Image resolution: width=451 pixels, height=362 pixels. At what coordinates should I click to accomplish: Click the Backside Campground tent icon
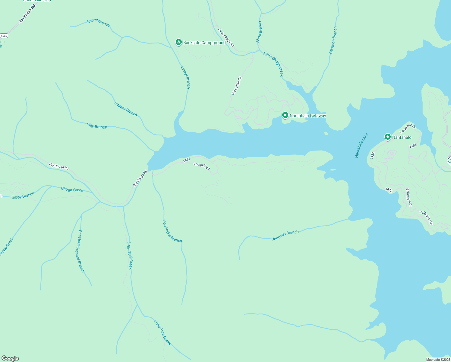(178, 42)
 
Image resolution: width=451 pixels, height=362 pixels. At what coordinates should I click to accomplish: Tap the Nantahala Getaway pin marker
(285, 115)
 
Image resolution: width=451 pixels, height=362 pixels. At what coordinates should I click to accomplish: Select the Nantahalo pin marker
(387, 137)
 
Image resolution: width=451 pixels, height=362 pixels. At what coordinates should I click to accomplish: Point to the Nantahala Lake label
(361, 145)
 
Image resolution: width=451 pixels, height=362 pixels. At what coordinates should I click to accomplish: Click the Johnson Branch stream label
(285, 236)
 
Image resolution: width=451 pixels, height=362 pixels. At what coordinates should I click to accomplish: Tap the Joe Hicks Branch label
(172, 231)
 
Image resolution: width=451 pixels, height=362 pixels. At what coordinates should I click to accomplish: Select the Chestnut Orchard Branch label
(81, 251)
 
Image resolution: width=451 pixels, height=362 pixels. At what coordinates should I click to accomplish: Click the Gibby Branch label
(23, 196)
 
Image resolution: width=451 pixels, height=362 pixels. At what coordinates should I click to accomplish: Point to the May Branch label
(97, 125)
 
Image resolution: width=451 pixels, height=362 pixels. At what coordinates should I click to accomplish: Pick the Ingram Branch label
(126, 109)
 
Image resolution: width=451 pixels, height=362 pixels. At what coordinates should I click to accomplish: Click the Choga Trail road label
(202, 166)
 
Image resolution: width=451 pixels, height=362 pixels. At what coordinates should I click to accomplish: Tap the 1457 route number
(187, 160)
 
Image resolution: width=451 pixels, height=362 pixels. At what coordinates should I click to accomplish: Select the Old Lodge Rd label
(236, 86)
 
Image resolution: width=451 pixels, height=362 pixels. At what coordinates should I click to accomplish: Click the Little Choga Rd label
(226, 37)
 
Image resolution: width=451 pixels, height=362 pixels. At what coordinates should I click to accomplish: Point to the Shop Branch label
(259, 32)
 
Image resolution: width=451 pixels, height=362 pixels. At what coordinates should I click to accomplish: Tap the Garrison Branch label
(333, 40)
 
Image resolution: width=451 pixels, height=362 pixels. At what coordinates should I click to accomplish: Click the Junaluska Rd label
(27, 14)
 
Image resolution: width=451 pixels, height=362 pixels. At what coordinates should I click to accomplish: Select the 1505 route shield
(4, 36)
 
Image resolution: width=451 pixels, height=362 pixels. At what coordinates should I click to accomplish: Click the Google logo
(10, 358)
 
